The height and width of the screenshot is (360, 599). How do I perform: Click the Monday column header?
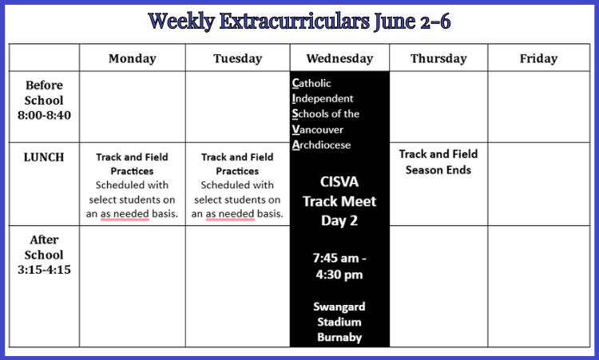click(x=132, y=58)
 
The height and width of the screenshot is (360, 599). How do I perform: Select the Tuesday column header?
click(x=238, y=58)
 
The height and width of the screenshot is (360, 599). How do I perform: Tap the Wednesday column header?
click(x=339, y=58)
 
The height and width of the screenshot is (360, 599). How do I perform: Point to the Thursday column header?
click(x=438, y=58)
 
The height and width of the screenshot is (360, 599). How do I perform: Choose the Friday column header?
click(x=538, y=58)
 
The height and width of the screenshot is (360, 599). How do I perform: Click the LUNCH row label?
click(x=44, y=157)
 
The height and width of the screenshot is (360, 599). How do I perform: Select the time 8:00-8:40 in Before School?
click(x=44, y=115)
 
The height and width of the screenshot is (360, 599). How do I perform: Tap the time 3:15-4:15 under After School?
click(x=44, y=270)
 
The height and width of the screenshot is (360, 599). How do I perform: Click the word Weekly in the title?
click(x=181, y=21)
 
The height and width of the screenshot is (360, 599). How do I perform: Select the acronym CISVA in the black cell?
click(x=339, y=182)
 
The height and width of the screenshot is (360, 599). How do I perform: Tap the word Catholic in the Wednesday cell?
click(x=311, y=83)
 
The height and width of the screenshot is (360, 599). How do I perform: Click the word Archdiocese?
click(x=321, y=144)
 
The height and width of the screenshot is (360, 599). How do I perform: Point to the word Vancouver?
click(x=318, y=129)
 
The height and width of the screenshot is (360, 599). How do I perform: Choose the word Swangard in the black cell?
click(x=339, y=307)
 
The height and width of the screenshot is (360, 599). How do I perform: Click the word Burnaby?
click(x=339, y=337)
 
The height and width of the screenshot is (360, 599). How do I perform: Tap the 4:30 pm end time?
click(x=339, y=275)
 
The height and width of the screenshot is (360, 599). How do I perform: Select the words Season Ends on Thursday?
click(x=438, y=169)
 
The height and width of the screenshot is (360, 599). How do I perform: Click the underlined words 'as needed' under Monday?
click(x=125, y=214)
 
